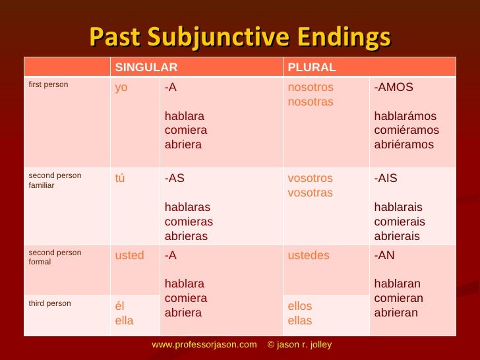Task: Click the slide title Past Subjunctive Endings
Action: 239,38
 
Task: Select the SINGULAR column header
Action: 146,67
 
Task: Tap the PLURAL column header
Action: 312,67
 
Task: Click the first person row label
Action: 48,85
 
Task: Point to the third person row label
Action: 50,303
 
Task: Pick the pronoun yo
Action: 121,88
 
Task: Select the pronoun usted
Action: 129,256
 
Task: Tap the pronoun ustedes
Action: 309,256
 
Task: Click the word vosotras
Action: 311,193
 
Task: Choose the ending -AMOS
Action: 394,88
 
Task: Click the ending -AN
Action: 384,256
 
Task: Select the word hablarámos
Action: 405,117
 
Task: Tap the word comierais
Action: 400,222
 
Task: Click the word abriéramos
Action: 404,145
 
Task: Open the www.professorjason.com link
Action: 204,345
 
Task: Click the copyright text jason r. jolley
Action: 305,345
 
